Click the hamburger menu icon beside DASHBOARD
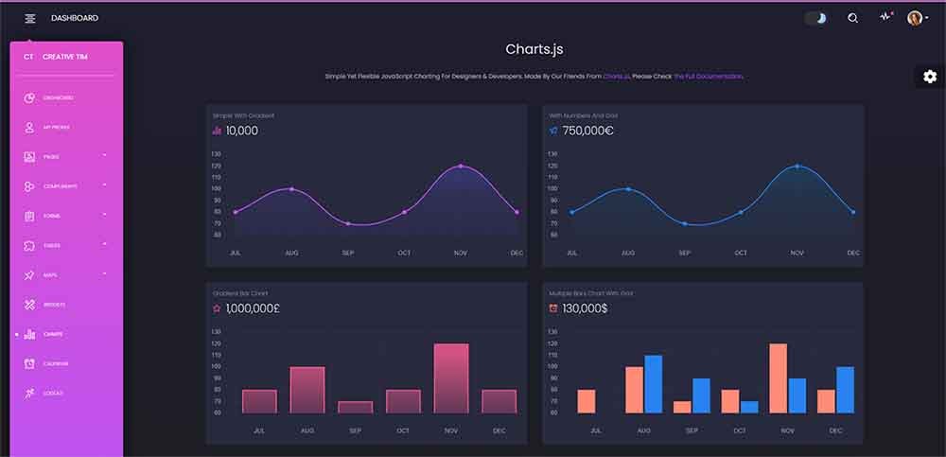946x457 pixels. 30,18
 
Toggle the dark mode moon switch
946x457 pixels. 816,18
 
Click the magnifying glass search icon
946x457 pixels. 852,18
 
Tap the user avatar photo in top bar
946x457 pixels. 914,18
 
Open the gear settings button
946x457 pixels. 929,77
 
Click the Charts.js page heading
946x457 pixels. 534,49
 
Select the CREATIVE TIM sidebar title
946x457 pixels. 65,57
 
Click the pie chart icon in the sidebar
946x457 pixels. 29,97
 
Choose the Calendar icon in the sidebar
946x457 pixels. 29,363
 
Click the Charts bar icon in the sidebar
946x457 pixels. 29,334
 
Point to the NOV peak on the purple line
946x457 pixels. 461,167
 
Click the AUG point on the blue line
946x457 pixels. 628,189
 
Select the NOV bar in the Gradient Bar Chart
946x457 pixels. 451,378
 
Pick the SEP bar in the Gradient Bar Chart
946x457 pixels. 355,407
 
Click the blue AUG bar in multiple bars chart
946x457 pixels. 653,384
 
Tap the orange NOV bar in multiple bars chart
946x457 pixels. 779,378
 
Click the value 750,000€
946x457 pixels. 587,131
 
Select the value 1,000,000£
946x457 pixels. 253,308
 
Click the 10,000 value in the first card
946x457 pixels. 241,131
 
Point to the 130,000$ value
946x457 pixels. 585,308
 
